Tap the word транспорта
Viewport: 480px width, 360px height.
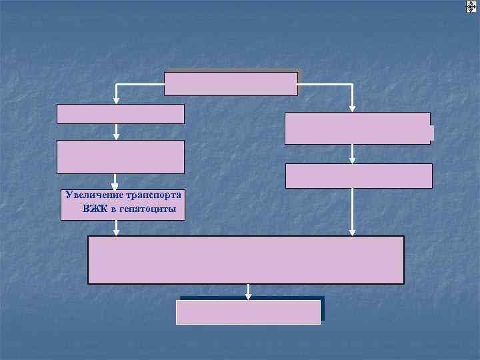click(151, 195)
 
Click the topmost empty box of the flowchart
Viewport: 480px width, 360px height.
click(231, 83)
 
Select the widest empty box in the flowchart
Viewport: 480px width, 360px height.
click(245, 260)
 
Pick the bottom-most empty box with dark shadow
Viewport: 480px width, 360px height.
click(248, 312)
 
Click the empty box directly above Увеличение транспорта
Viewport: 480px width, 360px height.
click(120, 157)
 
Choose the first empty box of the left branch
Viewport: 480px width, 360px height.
click(120, 114)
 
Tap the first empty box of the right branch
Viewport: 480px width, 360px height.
click(357, 128)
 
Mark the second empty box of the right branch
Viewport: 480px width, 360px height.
click(359, 176)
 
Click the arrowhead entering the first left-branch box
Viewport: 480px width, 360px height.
click(116, 101)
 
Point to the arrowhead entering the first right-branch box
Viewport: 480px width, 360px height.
click(353, 108)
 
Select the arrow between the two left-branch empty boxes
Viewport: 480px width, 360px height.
click(116, 132)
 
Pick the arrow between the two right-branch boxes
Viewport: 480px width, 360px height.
click(353, 155)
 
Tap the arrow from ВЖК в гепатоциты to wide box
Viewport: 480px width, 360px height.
click(116, 228)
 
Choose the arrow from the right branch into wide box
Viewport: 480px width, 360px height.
click(353, 212)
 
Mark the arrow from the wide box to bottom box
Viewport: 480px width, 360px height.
click(249, 291)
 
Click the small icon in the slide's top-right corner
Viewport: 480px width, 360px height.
click(470, 6)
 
